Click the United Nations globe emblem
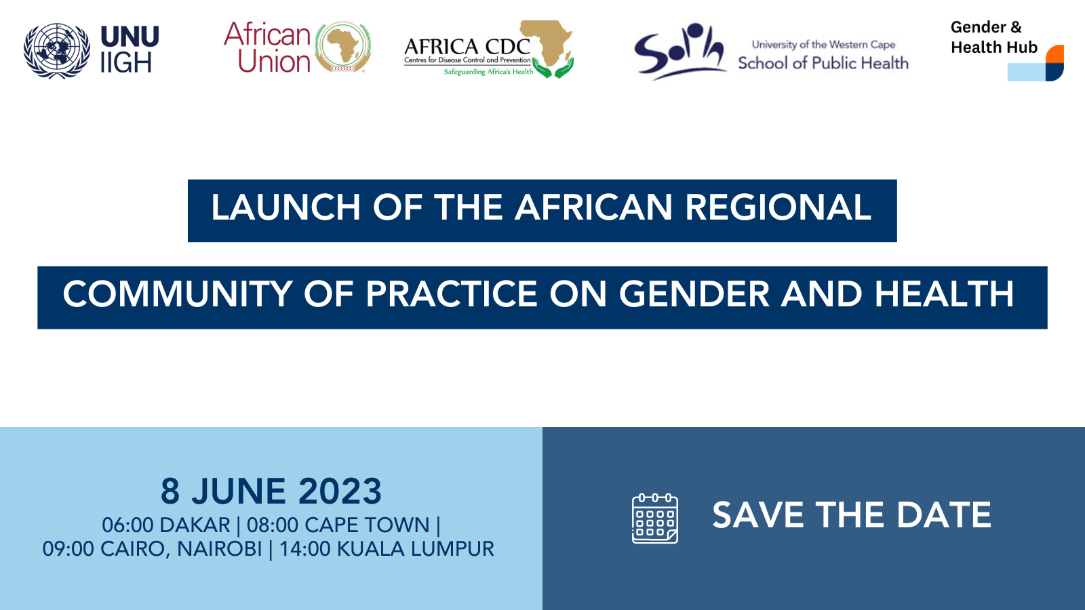(57, 50)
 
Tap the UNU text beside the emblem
(130, 37)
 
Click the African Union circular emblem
(343, 47)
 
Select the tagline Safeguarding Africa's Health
(488, 72)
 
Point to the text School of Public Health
(823, 63)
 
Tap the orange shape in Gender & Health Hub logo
(1054, 54)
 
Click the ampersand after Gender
(1016, 27)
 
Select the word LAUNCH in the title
(285, 207)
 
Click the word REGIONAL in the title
(778, 207)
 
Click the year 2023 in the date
(340, 491)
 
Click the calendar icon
(655, 518)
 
